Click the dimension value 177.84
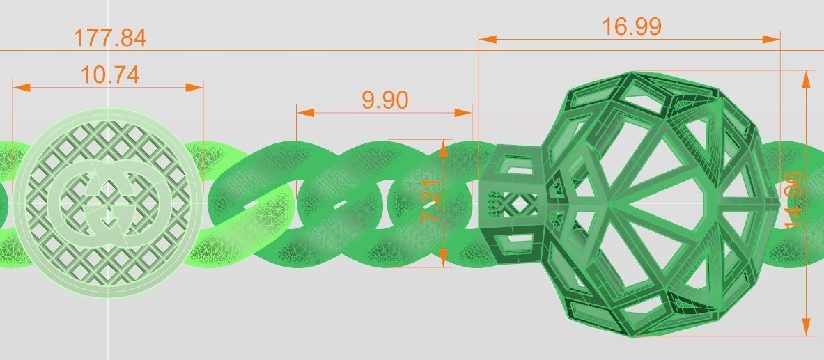pyautogui.click(x=110, y=38)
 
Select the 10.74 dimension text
pyautogui.click(x=109, y=75)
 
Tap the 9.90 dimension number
pyautogui.click(x=384, y=100)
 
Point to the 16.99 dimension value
pyautogui.click(x=632, y=27)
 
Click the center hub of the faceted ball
pyautogui.click(x=607, y=204)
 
